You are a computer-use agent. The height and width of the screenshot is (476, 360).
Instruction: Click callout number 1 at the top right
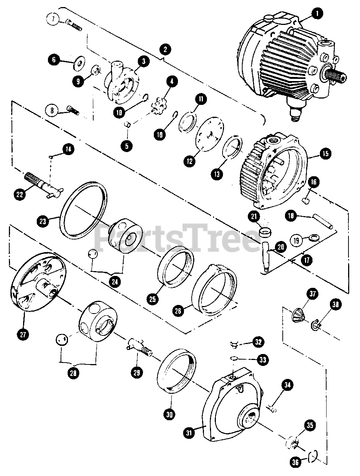point(317,14)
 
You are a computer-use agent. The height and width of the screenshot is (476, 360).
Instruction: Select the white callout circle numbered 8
point(52,110)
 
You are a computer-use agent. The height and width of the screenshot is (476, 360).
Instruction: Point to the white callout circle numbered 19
point(296,240)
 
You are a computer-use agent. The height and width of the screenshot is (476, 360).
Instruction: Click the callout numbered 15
point(325,153)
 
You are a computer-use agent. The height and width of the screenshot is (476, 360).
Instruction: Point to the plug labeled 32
point(234,345)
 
